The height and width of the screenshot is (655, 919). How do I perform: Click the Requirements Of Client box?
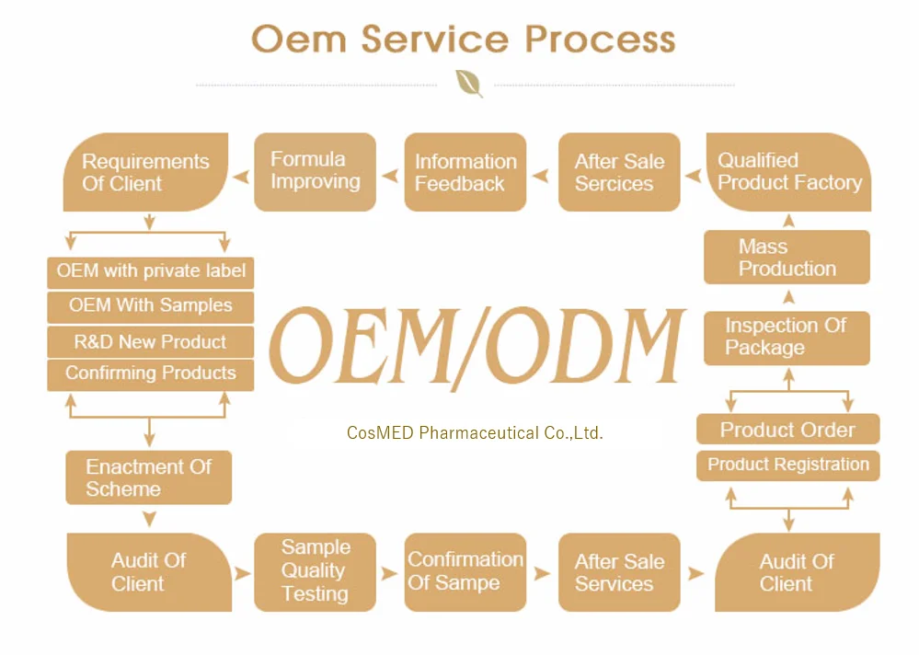click(x=145, y=172)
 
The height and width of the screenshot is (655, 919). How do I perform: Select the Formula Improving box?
click(x=316, y=172)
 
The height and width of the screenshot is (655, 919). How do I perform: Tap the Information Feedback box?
click(x=465, y=172)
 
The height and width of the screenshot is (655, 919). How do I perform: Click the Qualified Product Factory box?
click(x=789, y=172)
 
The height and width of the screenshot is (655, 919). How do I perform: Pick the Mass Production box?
click(x=787, y=258)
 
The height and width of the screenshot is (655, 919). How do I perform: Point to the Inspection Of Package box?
click(x=787, y=338)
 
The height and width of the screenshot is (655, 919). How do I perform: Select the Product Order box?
click(x=788, y=430)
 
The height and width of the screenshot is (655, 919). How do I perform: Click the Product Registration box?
click(x=788, y=465)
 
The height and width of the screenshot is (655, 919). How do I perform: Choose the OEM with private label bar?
click(x=151, y=272)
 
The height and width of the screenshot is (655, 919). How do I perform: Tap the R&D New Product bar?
click(x=151, y=342)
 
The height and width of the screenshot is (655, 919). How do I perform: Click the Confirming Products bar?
click(x=151, y=375)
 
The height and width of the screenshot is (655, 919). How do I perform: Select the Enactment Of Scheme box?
click(x=149, y=477)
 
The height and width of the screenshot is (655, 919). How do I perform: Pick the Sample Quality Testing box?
click(x=316, y=572)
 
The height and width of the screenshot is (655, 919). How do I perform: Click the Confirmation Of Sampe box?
click(x=465, y=572)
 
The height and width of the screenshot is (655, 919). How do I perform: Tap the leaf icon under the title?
click(x=469, y=84)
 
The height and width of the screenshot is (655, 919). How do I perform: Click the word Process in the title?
click(x=600, y=40)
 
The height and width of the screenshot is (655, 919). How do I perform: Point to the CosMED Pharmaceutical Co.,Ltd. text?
click(x=475, y=433)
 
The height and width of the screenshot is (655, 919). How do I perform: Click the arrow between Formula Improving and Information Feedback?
click(x=390, y=176)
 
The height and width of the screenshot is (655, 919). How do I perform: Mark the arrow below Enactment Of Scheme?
click(x=149, y=519)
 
